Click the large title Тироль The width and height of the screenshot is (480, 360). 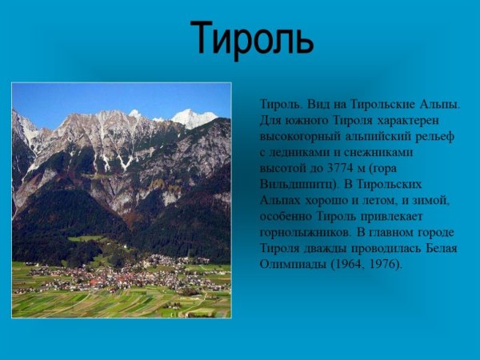click(x=252, y=38)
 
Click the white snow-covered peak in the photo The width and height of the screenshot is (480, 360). click(x=193, y=118)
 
